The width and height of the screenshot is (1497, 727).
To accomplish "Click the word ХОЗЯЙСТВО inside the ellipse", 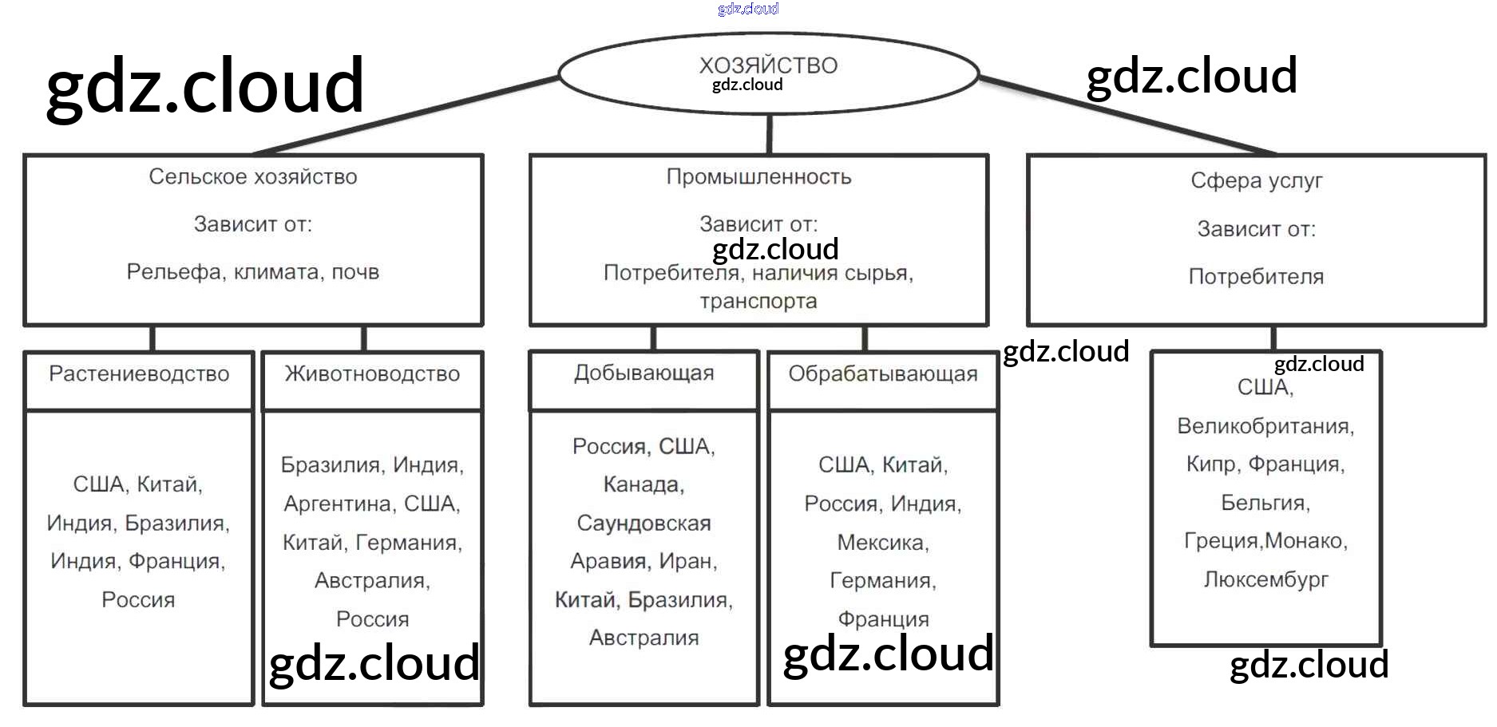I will click(768, 65).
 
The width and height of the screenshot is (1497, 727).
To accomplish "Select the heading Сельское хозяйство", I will click(252, 176).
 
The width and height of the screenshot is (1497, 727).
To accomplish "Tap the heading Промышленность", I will click(758, 176).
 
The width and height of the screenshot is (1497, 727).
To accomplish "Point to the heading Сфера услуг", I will click(1256, 180).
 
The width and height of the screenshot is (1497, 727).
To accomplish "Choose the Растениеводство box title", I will click(139, 373).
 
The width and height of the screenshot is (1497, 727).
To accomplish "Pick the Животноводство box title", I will click(372, 373).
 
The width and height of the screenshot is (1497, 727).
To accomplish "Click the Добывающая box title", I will click(644, 373).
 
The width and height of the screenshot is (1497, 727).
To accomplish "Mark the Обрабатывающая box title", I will click(882, 373).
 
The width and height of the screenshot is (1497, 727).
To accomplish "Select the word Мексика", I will click(881, 543).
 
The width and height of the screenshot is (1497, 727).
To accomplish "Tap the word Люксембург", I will click(1265, 579).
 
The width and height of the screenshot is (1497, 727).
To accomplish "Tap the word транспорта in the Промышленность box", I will click(758, 301).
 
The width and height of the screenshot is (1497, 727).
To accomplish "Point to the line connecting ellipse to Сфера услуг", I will click(1126, 115).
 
